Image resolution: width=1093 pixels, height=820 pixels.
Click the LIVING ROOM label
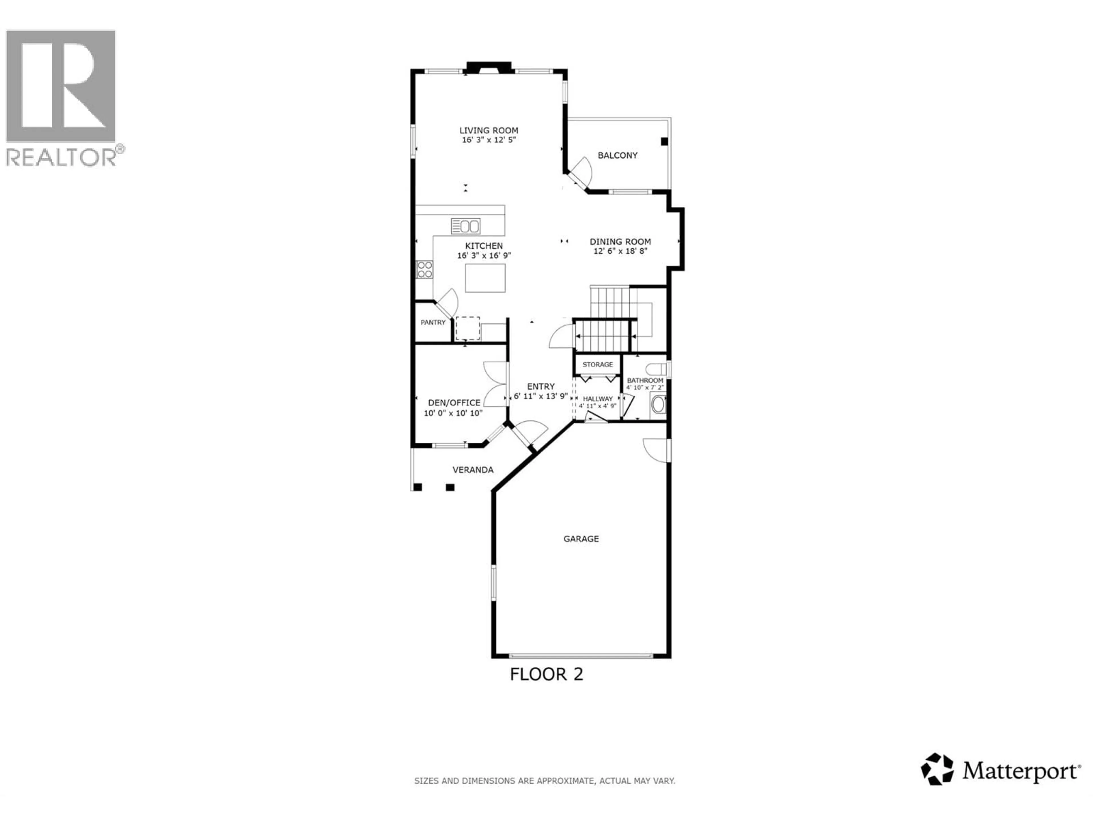489,130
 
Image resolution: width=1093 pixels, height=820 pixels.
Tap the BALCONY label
618,155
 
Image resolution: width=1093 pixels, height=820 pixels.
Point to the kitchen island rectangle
485,278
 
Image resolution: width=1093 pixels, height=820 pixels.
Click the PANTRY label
433,322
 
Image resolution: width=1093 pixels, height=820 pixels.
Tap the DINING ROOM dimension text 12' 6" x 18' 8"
620,251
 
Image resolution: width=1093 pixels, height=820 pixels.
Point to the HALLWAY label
598,398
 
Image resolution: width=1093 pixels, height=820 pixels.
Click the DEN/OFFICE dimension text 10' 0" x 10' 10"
453,413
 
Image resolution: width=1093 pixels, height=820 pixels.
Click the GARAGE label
581,539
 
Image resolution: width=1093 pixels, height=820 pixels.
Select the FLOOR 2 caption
546,674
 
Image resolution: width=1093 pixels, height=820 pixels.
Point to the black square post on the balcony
664,141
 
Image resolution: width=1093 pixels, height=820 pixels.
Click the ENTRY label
541,387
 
